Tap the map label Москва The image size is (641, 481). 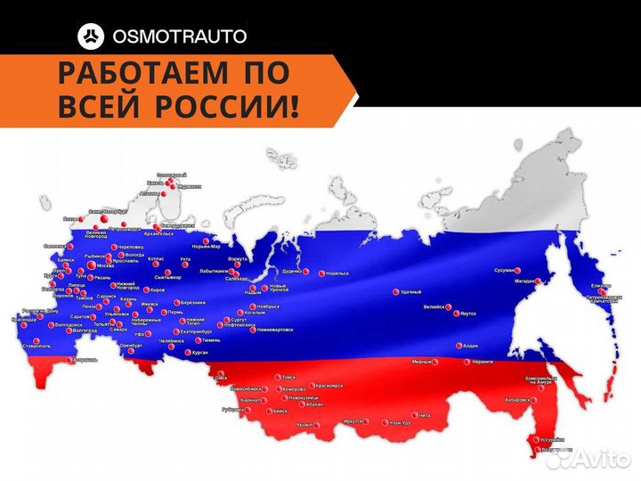point(105,265)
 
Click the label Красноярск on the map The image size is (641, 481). point(328,385)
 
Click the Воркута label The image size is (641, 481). point(238,258)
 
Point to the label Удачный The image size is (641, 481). point(410,291)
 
